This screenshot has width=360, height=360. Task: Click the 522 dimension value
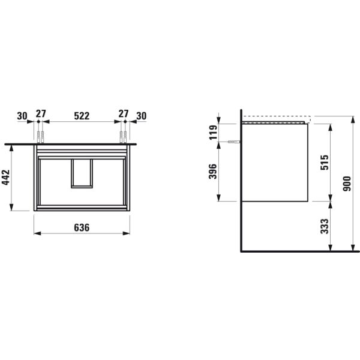(82, 115)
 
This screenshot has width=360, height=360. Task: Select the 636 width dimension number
(82, 227)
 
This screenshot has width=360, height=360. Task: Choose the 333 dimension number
(324, 226)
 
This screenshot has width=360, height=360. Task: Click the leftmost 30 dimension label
(23, 115)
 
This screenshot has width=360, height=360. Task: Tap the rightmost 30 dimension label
(142, 115)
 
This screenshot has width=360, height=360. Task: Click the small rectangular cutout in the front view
(82, 173)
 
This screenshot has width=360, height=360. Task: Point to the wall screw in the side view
(234, 142)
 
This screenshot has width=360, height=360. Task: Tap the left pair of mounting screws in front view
(41, 134)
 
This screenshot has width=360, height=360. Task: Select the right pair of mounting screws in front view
(124, 134)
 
